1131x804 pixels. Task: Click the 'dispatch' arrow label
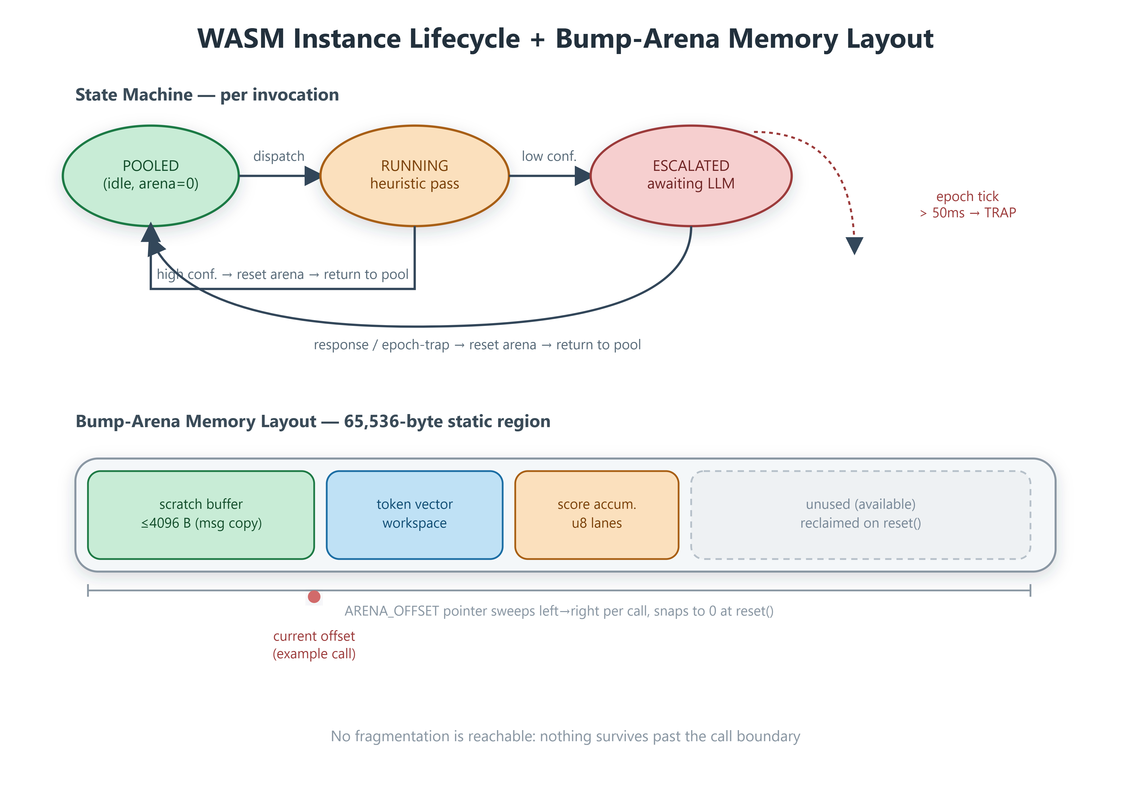point(279,157)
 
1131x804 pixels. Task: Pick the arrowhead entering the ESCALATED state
point(583,176)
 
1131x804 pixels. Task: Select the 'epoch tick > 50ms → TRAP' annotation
point(968,205)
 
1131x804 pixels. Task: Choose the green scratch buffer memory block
point(201,515)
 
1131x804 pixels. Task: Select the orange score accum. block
point(597,515)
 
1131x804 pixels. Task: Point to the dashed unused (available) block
point(861,515)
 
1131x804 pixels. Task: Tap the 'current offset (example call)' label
point(314,645)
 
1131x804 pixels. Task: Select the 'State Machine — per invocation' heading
point(207,94)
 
